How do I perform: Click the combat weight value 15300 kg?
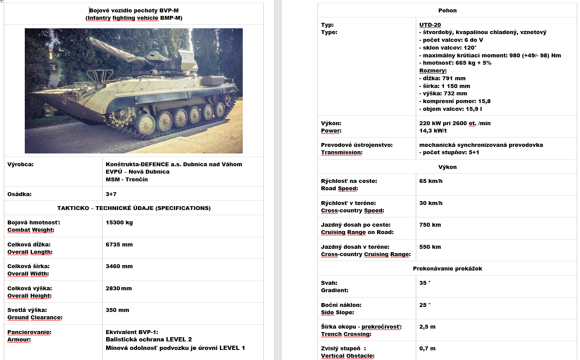click(119, 222)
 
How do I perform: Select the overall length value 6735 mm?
click(119, 245)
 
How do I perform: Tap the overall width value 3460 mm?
click(119, 266)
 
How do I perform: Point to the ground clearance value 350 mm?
click(117, 310)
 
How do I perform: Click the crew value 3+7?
click(111, 194)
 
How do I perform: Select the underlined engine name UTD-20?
click(430, 25)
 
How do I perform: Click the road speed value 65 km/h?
click(431, 181)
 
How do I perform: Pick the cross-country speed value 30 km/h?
click(431, 203)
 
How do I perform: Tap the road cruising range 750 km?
click(430, 225)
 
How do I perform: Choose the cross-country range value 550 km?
click(430, 247)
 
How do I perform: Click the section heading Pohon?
click(447, 10)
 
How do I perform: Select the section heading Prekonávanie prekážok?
click(447, 269)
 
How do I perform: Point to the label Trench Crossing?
click(346, 334)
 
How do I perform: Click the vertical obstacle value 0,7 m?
click(427, 348)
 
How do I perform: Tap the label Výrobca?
click(21, 164)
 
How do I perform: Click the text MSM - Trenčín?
click(127, 179)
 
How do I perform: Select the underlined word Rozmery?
click(433, 71)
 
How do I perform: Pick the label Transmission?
click(341, 152)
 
